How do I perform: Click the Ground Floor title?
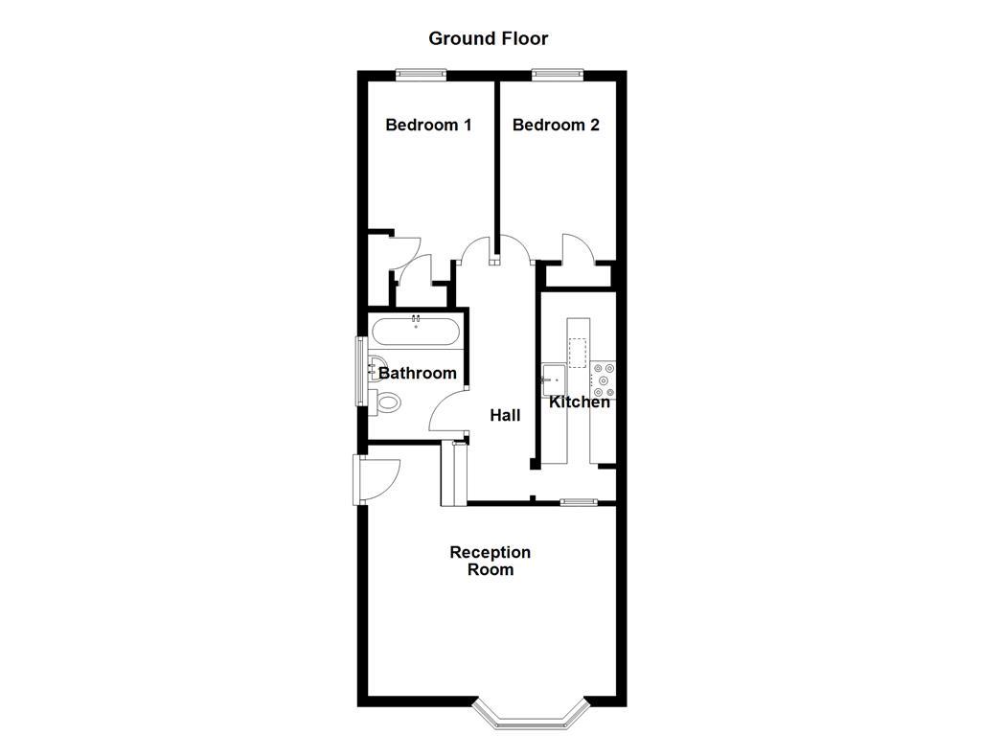tap(488, 38)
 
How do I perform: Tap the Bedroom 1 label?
tap(428, 125)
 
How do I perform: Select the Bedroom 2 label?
tap(556, 125)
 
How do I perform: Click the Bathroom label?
tap(418, 373)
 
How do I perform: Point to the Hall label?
tap(505, 415)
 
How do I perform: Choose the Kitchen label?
tap(579, 402)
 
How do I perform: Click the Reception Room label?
tap(490, 561)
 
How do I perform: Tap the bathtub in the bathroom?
tap(416, 333)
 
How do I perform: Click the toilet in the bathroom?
tap(388, 402)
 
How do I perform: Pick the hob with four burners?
tap(604, 379)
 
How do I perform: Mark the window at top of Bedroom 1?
tap(422, 73)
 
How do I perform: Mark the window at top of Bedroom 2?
tap(559, 73)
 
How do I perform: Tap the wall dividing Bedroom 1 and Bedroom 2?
tap(496, 163)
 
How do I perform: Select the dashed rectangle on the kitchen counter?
tap(577, 352)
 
